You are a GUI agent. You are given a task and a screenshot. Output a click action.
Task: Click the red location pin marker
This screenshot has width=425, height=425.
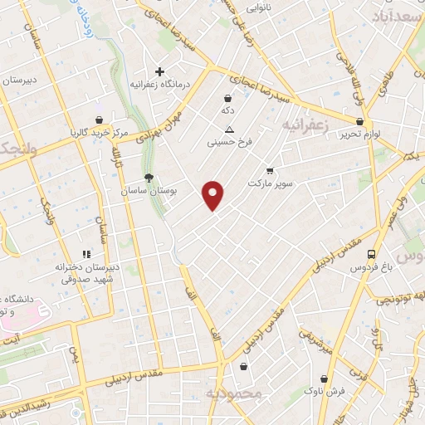[x=213, y=195]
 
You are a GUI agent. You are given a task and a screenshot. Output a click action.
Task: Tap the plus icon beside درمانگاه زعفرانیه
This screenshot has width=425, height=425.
[x=160, y=71]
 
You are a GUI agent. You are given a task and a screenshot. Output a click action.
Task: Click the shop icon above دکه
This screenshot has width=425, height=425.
[x=227, y=98]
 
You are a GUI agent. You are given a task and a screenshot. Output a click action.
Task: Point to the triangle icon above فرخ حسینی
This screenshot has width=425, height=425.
[x=230, y=129]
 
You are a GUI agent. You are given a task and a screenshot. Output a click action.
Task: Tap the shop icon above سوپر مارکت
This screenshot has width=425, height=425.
[x=269, y=170]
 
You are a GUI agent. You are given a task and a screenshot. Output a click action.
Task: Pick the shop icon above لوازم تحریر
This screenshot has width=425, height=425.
[x=359, y=120]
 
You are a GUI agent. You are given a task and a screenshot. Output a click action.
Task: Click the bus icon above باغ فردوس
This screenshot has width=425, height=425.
[x=370, y=254]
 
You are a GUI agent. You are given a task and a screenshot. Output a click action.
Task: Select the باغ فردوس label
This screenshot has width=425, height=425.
[x=369, y=267]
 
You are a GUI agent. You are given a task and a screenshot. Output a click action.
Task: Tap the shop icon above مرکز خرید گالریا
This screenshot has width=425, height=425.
[x=99, y=120]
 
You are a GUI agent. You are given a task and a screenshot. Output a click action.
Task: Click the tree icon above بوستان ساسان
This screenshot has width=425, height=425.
[x=149, y=178]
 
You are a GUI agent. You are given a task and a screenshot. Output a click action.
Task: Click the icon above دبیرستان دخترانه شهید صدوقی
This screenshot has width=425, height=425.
[x=85, y=255]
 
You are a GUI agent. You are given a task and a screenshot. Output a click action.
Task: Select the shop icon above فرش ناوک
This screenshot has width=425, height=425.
[x=313, y=377]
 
